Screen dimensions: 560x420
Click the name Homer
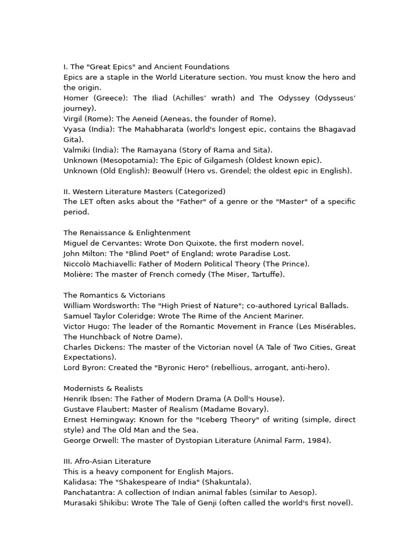(x=76, y=98)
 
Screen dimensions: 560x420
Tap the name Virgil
(x=74, y=119)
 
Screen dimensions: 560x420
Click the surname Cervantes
(x=120, y=243)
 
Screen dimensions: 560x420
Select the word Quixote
(x=193, y=243)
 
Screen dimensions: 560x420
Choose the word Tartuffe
(x=264, y=275)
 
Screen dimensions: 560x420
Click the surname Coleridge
(x=121, y=316)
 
